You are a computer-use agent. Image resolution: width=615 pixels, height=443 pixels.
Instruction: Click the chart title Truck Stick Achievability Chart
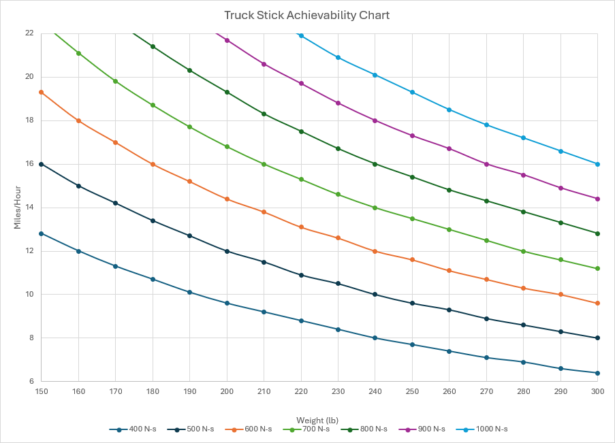tap(307, 15)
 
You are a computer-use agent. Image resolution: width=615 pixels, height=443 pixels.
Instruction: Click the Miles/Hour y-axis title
tap(18, 208)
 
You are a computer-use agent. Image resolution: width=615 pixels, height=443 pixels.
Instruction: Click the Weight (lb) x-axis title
tap(319, 420)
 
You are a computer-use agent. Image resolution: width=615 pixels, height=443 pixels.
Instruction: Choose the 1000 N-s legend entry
tap(486, 429)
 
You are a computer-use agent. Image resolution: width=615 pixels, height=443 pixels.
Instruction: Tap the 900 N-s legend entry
tap(426, 429)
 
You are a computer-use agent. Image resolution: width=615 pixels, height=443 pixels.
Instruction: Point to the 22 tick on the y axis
tap(29, 33)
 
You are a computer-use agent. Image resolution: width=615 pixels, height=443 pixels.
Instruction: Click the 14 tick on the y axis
tap(29, 208)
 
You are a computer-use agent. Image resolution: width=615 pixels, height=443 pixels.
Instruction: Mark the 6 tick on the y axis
tap(31, 382)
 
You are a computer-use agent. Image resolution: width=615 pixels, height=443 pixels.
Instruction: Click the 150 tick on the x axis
tap(42, 392)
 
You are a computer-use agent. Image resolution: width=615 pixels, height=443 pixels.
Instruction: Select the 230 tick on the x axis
tap(338, 392)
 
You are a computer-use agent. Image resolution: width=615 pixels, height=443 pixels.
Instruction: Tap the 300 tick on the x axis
tap(597, 392)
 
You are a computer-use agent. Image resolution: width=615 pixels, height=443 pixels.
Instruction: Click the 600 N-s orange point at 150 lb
tap(42, 92)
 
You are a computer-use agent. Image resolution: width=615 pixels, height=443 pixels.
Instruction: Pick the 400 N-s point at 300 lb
tap(597, 373)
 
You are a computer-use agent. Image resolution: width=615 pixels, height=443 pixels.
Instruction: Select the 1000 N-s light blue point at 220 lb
tap(301, 35)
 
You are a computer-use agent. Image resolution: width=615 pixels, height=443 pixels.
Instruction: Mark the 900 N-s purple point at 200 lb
tap(227, 40)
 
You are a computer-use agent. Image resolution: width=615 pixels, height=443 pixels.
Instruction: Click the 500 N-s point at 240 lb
tap(375, 295)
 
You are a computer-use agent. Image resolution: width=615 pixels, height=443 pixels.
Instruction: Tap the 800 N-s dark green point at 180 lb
tap(153, 46)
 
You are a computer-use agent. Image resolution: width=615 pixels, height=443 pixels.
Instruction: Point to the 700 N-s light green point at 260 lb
tap(449, 229)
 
